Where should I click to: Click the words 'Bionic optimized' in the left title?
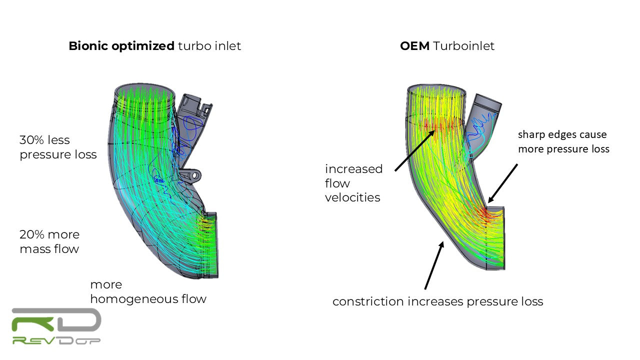tap(121, 46)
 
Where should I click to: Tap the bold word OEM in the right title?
tap(415, 46)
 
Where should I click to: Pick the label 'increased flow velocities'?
tap(353, 183)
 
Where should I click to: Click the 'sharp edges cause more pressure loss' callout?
tap(563, 141)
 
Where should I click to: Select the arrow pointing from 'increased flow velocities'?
tap(413, 151)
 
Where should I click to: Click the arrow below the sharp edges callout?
tap(503, 183)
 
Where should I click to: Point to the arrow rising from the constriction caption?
tap(433, 265)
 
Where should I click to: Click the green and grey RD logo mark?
tap(56, 320)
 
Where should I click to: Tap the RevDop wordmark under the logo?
tap(56, 340)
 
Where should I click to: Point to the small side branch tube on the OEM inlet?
tap(483, 120)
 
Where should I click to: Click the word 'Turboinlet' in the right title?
tap(464, 46)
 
